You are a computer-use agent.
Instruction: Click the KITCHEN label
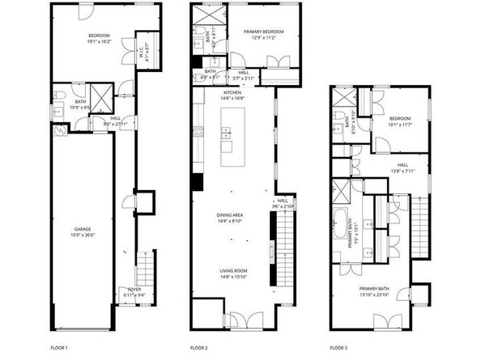click(x=232, y=91)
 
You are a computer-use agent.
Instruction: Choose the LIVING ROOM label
click(x=232, y=271)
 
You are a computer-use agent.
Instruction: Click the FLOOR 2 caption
click(x=199, y=347)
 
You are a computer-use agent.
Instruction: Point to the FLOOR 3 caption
click(x=338, y=347)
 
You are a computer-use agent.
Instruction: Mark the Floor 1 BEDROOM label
click(x=100, y=36)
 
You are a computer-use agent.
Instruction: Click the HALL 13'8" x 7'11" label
click(x=402, y=167)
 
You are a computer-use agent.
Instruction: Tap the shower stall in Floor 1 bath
click(x=100, y=100)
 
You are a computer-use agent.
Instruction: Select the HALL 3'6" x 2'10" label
click(x=282, y=203)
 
